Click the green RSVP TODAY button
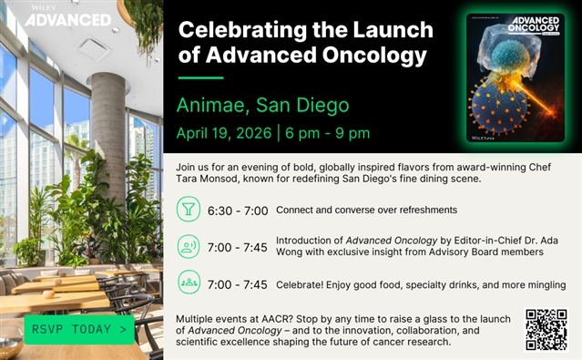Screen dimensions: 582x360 [79, 330]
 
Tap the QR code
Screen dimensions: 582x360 [546, 330]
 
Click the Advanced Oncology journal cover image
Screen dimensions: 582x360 [516, 77]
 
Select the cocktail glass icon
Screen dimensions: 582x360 [189, 209]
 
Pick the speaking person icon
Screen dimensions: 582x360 [189, 246]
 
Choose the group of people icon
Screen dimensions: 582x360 [189, 282]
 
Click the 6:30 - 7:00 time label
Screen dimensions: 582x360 [238, 211]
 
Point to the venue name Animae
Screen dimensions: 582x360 [210, 105]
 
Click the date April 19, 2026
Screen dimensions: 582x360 [224, 133]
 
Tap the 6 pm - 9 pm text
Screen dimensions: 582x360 [327, 133]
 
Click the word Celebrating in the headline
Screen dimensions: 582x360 [243, 30]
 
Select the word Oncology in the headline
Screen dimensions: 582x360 [374, 56]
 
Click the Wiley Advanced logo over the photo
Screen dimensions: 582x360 [68, 16]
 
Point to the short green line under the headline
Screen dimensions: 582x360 [200, 78]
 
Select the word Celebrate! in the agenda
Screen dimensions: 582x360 [300, 285]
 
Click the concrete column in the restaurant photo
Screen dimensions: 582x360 [108, 141]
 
